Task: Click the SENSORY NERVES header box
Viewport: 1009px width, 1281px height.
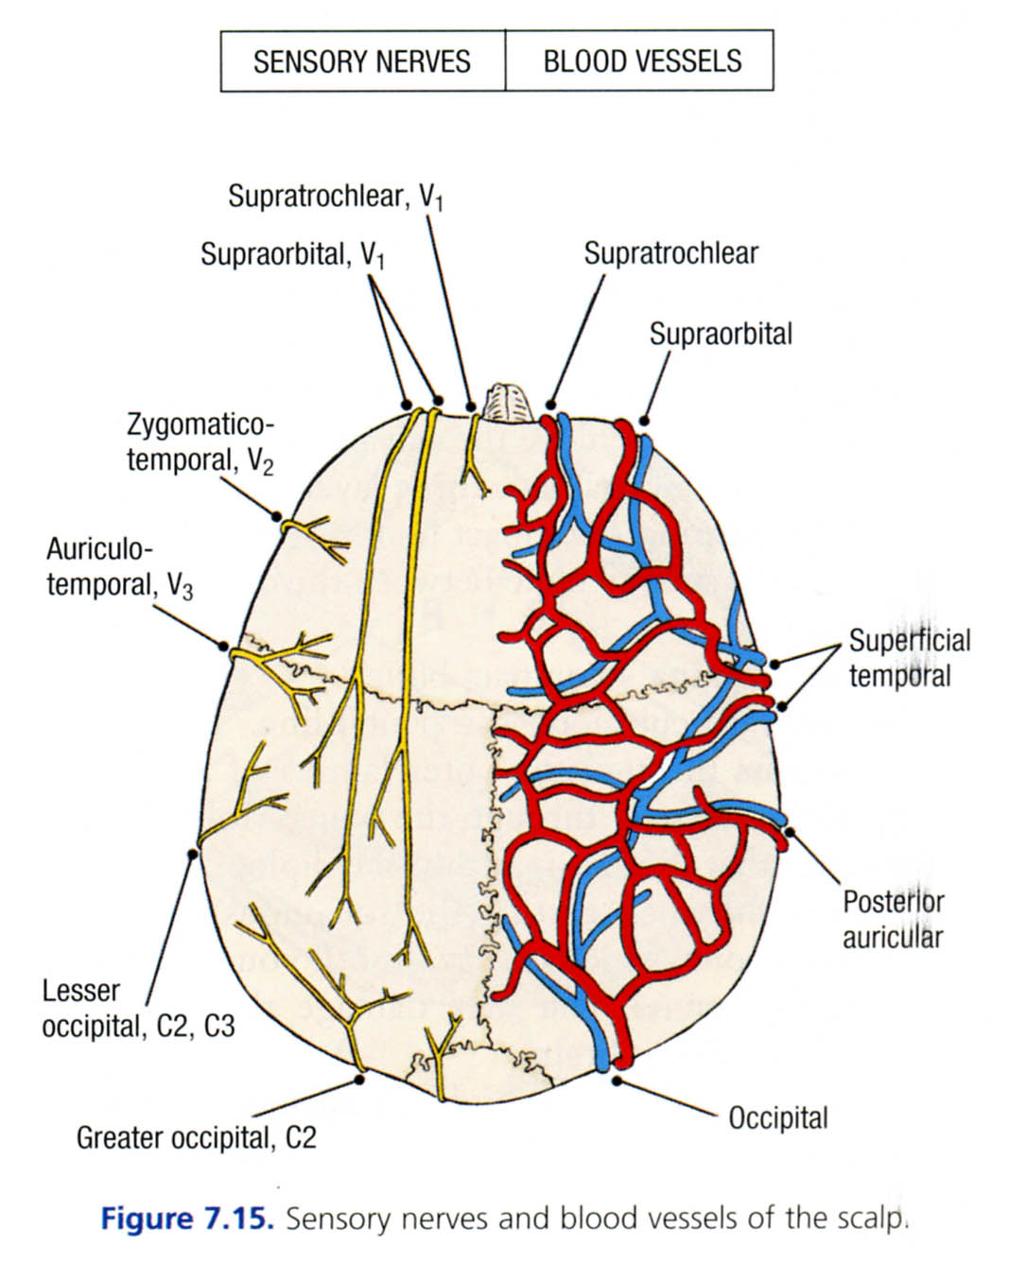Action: [362, 61]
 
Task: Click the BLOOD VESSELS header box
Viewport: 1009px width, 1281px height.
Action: [641, 61]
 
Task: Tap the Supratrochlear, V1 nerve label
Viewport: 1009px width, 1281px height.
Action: [336, 197]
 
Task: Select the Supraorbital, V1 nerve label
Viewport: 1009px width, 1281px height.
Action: [292, 254]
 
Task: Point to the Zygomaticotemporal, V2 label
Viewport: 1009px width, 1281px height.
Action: [200, 442]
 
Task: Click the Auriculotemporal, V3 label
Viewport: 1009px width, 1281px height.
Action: [119, 567]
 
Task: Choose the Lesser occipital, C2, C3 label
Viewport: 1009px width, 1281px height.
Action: [138, 1009]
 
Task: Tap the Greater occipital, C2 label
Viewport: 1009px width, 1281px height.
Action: [196, 1136]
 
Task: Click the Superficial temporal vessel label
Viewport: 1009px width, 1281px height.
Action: [909, 658]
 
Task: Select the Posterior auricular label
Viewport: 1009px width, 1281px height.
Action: [893, 919]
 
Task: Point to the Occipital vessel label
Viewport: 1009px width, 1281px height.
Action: [777, 1118]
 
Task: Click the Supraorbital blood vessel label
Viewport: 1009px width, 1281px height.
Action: [721, 334]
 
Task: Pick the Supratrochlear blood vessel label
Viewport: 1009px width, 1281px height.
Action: [670, 253]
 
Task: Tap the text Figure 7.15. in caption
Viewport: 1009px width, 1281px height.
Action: [186, 1218]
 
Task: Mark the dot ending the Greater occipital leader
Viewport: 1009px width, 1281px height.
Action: [359, 1079]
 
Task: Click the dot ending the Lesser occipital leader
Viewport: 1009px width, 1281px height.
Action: [193, 853]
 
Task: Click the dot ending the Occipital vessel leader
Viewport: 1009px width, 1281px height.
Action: [617, 1080]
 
